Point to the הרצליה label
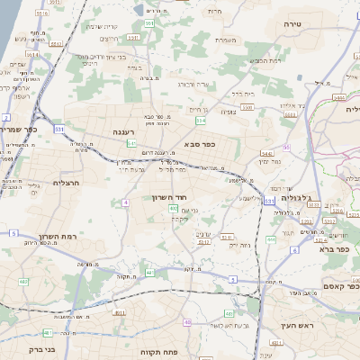pos(67,183)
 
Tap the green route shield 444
pos(272,239)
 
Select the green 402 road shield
pos(173,209)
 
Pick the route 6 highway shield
pos(294,249)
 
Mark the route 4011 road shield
pos(119,312)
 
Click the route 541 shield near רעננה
pos(131,142)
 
